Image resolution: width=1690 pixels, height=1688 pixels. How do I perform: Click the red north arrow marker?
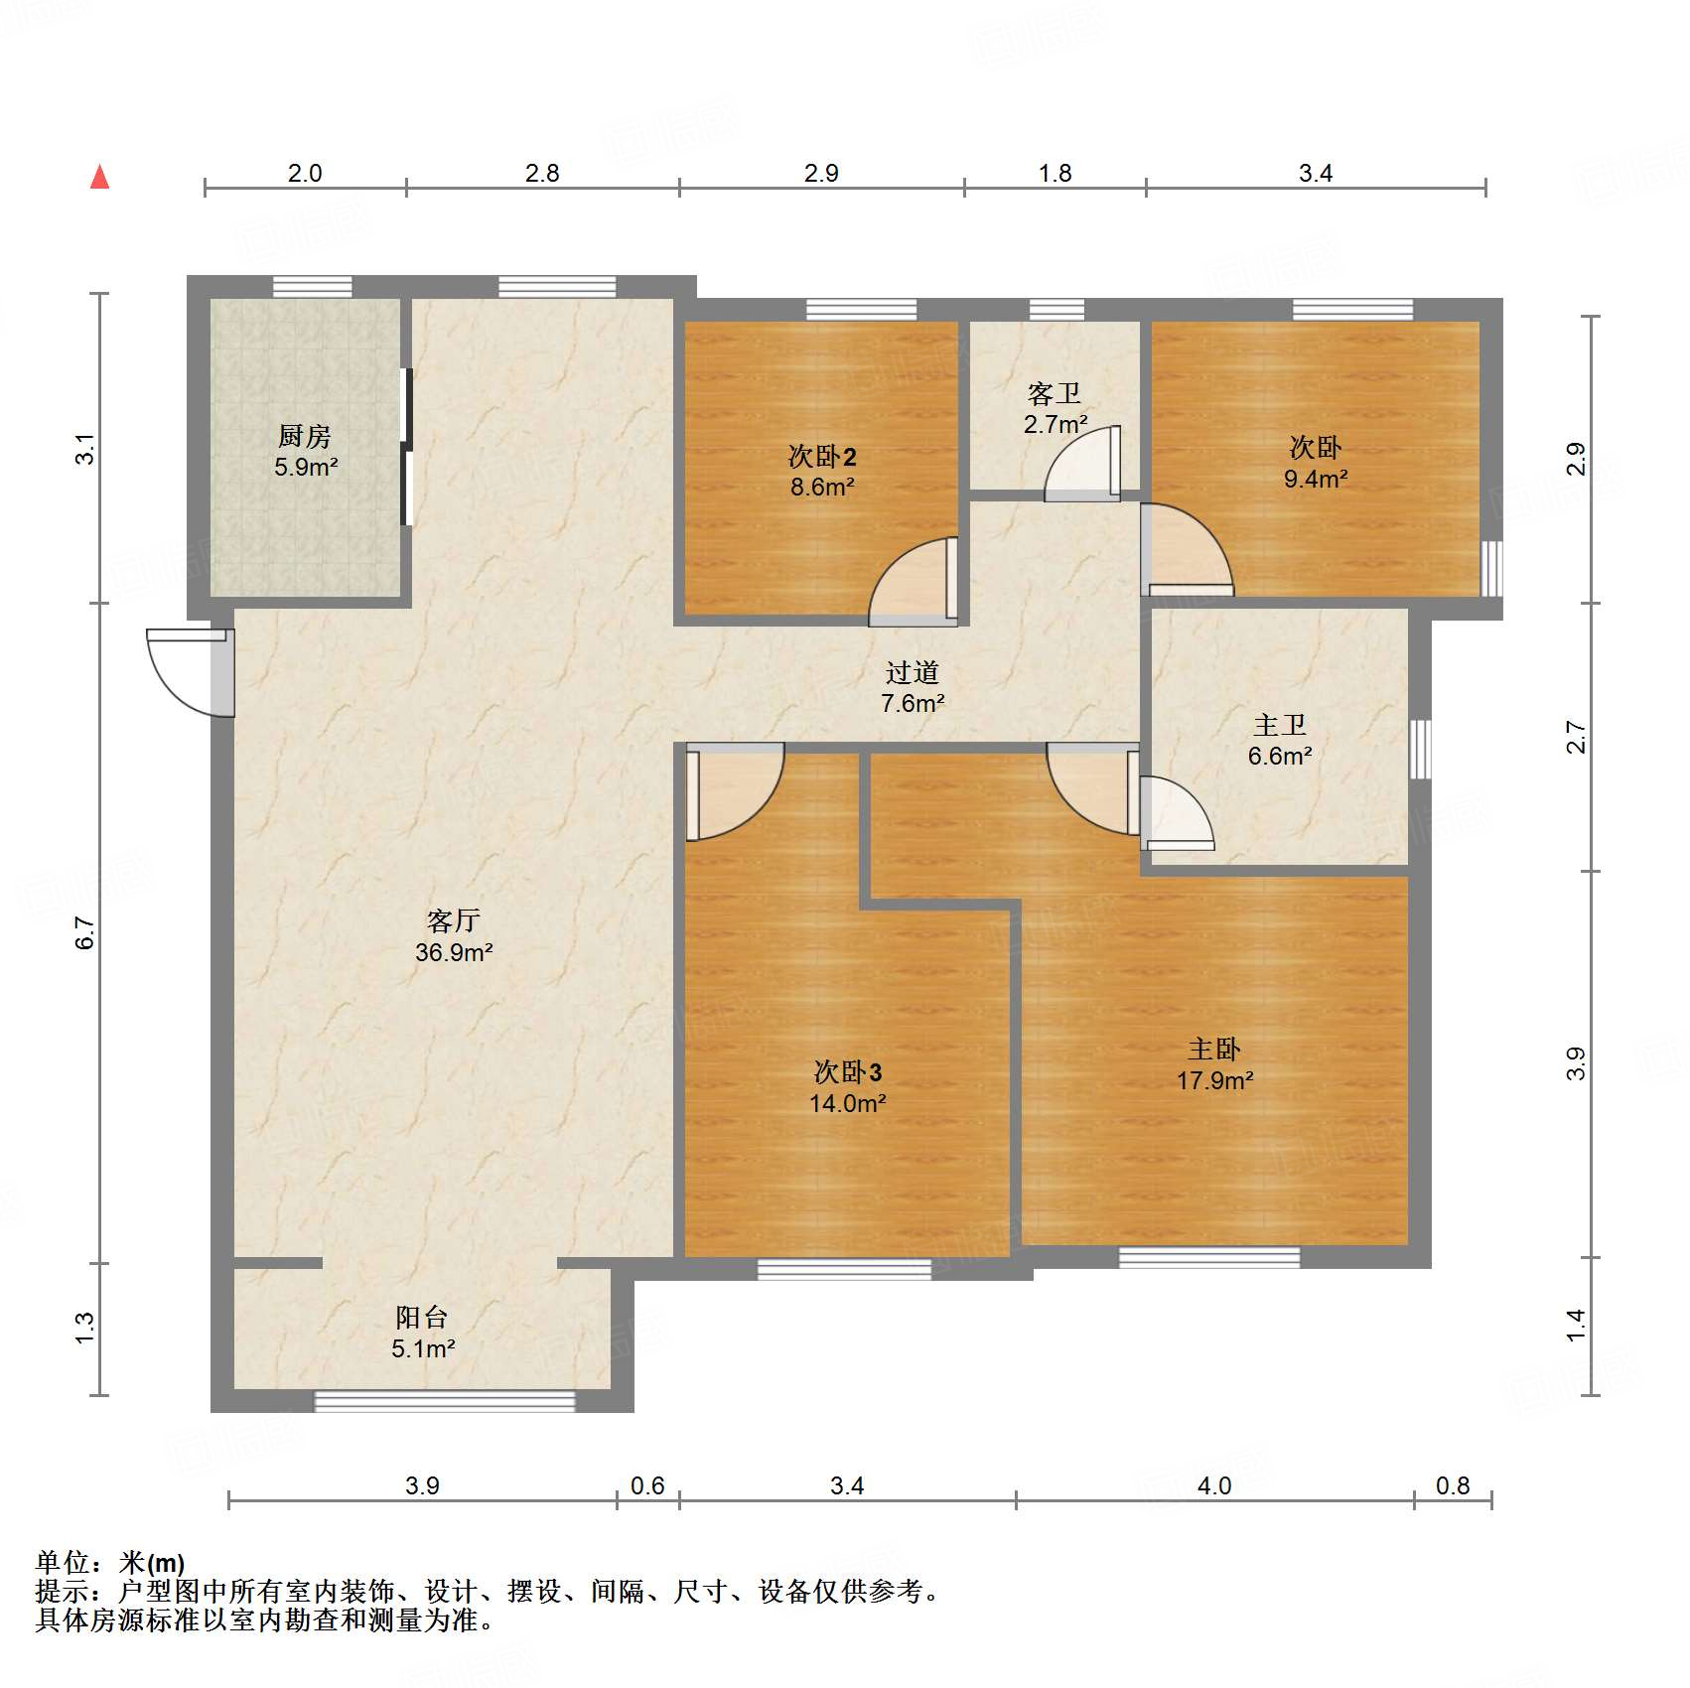[99, 178]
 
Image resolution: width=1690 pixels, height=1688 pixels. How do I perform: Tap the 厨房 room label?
[304, 436]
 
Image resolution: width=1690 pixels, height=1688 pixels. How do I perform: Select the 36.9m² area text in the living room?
[454, 952]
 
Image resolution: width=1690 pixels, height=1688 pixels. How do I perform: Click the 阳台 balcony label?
[422, 1318]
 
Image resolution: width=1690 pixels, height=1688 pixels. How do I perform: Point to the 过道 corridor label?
[912, 673]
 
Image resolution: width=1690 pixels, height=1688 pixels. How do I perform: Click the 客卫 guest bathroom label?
[1054, 394]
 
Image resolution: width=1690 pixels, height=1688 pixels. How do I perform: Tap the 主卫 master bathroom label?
[1279, 726]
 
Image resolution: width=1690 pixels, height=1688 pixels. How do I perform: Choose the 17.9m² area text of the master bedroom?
[1214, 1080]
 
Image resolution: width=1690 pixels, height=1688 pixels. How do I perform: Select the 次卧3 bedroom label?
[847, 1072]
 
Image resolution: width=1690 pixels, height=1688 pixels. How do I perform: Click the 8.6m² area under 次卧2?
[822, 488]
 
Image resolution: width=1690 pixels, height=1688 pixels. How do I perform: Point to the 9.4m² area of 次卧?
[1315, 479]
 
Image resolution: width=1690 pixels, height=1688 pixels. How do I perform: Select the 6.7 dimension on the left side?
[85, 933]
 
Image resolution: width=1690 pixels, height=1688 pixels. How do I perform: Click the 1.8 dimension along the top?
[1055, 174]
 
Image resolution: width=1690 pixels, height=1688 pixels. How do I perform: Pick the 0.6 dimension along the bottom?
[647, 1485]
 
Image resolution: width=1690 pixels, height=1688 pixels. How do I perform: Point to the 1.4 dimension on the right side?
[1576, 1326]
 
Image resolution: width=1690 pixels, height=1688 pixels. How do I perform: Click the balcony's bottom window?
[444, 1401]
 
